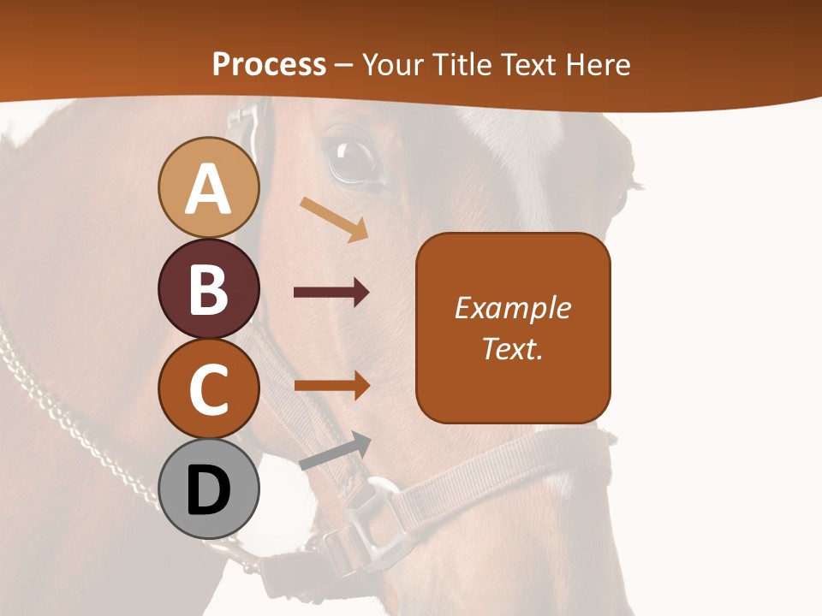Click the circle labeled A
click(x=209, y=188)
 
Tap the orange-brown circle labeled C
click(x=209, y=389)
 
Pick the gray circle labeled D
click(x=209, y=489)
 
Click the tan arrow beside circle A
click(x=334, y=218)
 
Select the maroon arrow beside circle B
click(x=331, y=293)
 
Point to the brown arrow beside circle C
click(x=332, y=386)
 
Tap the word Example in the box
click(x=513, y=308)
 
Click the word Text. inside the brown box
click(x=513, y=348)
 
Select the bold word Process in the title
click(x=269, y=64)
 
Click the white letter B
click(x=209, y=289)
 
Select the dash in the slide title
click(x=343, y=65)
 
